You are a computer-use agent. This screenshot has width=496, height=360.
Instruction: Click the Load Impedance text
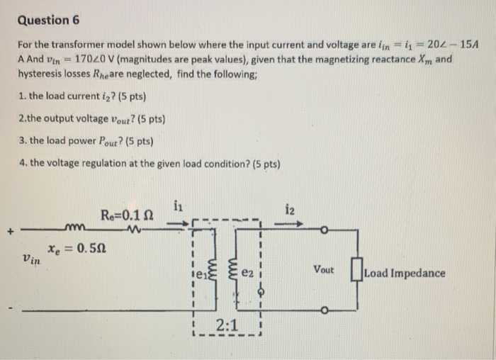[405, 272]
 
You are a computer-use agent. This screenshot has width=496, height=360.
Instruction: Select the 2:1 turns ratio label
[228, 328]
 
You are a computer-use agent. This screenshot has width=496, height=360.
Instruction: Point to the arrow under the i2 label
[289, 225]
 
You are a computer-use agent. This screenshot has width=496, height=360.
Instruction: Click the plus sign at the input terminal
[10, 229]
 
